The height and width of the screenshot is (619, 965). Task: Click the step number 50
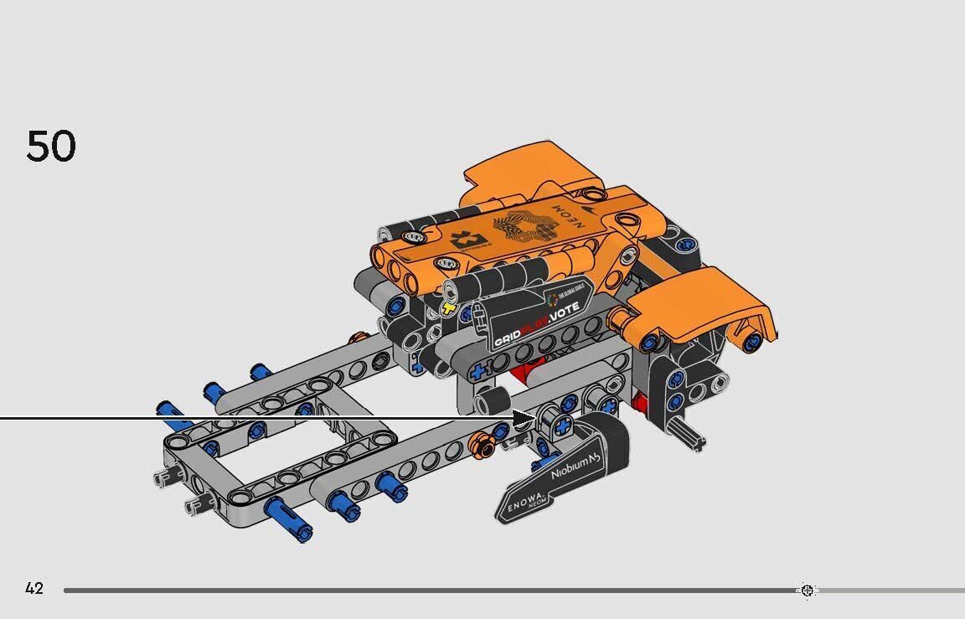coord(51,147)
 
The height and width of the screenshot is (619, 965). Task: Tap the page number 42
coord(34,589)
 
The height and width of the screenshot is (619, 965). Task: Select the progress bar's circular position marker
coord(807,591)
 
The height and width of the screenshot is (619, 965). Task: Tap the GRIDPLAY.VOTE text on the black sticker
coord(535,333)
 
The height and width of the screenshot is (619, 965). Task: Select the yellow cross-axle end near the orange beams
coord(449,309)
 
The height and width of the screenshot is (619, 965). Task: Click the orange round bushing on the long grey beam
coord(480,444)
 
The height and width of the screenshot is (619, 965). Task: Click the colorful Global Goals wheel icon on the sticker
coord(551,300)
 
